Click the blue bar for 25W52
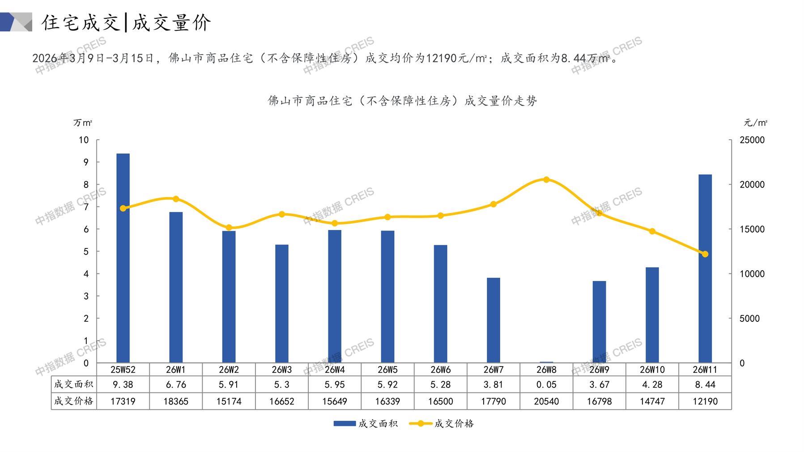pos(123,258)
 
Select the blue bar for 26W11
pos(705,269)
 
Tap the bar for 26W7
pos(493,320)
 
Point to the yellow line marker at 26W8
pos(546,179)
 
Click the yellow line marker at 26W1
pos(176,199)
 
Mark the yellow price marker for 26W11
pos(705,254)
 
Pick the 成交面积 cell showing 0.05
pos(546,384)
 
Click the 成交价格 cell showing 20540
pos(546,401)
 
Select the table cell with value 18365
pos(176,401)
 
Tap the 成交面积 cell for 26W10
pos(652,384)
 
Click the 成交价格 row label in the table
pos(74,401)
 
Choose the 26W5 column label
pos(387,370)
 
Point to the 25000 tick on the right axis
pos(752,140)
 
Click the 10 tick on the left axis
pos(84,140)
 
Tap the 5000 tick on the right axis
pos(749,319)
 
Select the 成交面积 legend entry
pos(366,423)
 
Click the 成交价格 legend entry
pos(442,423)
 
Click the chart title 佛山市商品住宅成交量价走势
pos(402,101)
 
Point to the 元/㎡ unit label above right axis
pos(755,123)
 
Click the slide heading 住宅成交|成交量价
pos(126,22)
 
